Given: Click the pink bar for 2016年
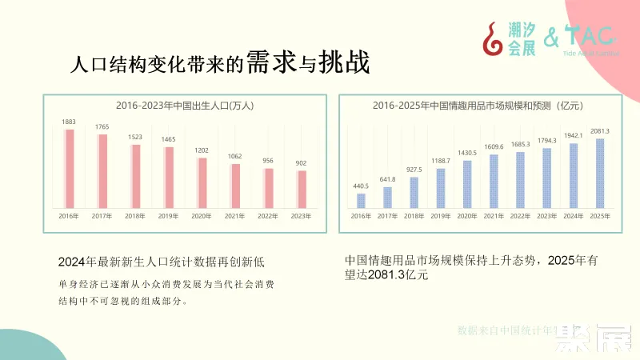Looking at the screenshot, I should (x=70, y=168).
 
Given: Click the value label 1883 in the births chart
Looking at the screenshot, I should (x=69, y=122).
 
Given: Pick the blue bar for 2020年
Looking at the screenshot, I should (x=467, y=183).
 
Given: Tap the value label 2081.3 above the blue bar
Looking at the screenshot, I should (x=600, y=131).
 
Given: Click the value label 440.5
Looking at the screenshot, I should (x=361, y=186).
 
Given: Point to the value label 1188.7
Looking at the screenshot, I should (x=441, y=161).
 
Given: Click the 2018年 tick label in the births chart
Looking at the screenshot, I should (x=135, y=216).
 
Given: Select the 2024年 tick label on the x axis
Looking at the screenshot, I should (x=573, y=216).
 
